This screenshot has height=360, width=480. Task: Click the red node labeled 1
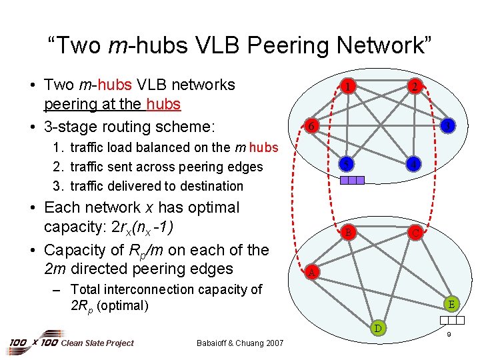tap(346, 86)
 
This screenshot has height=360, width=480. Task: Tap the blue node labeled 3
tap(449, 125)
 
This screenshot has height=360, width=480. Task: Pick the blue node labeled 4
tap(415, 163)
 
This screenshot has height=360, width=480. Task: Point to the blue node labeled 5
tap(346, 164)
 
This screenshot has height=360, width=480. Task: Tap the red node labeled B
tap(347, 233)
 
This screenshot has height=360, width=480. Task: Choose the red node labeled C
tap(415, 233)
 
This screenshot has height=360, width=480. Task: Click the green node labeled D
tap(378, 327)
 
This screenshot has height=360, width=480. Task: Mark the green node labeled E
tap(451, 305)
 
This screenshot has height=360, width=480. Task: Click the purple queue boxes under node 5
tap(352, 179)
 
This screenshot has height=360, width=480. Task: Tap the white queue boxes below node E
tap(451, 319)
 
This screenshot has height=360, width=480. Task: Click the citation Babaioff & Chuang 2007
tap(240, 343)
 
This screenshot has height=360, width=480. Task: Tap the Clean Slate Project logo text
tap(97, 343)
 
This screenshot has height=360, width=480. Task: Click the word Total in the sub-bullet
tap(89, 289)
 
